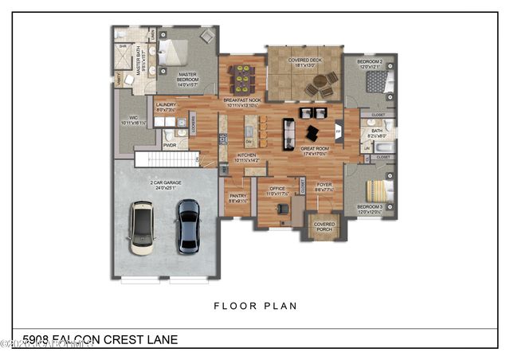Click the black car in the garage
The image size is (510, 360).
click(x=188, y=226)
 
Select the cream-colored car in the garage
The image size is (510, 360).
click(x=142, y=228)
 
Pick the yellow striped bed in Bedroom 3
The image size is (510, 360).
click(x=375, y=192)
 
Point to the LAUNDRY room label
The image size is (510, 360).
click(x=167, y=104)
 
